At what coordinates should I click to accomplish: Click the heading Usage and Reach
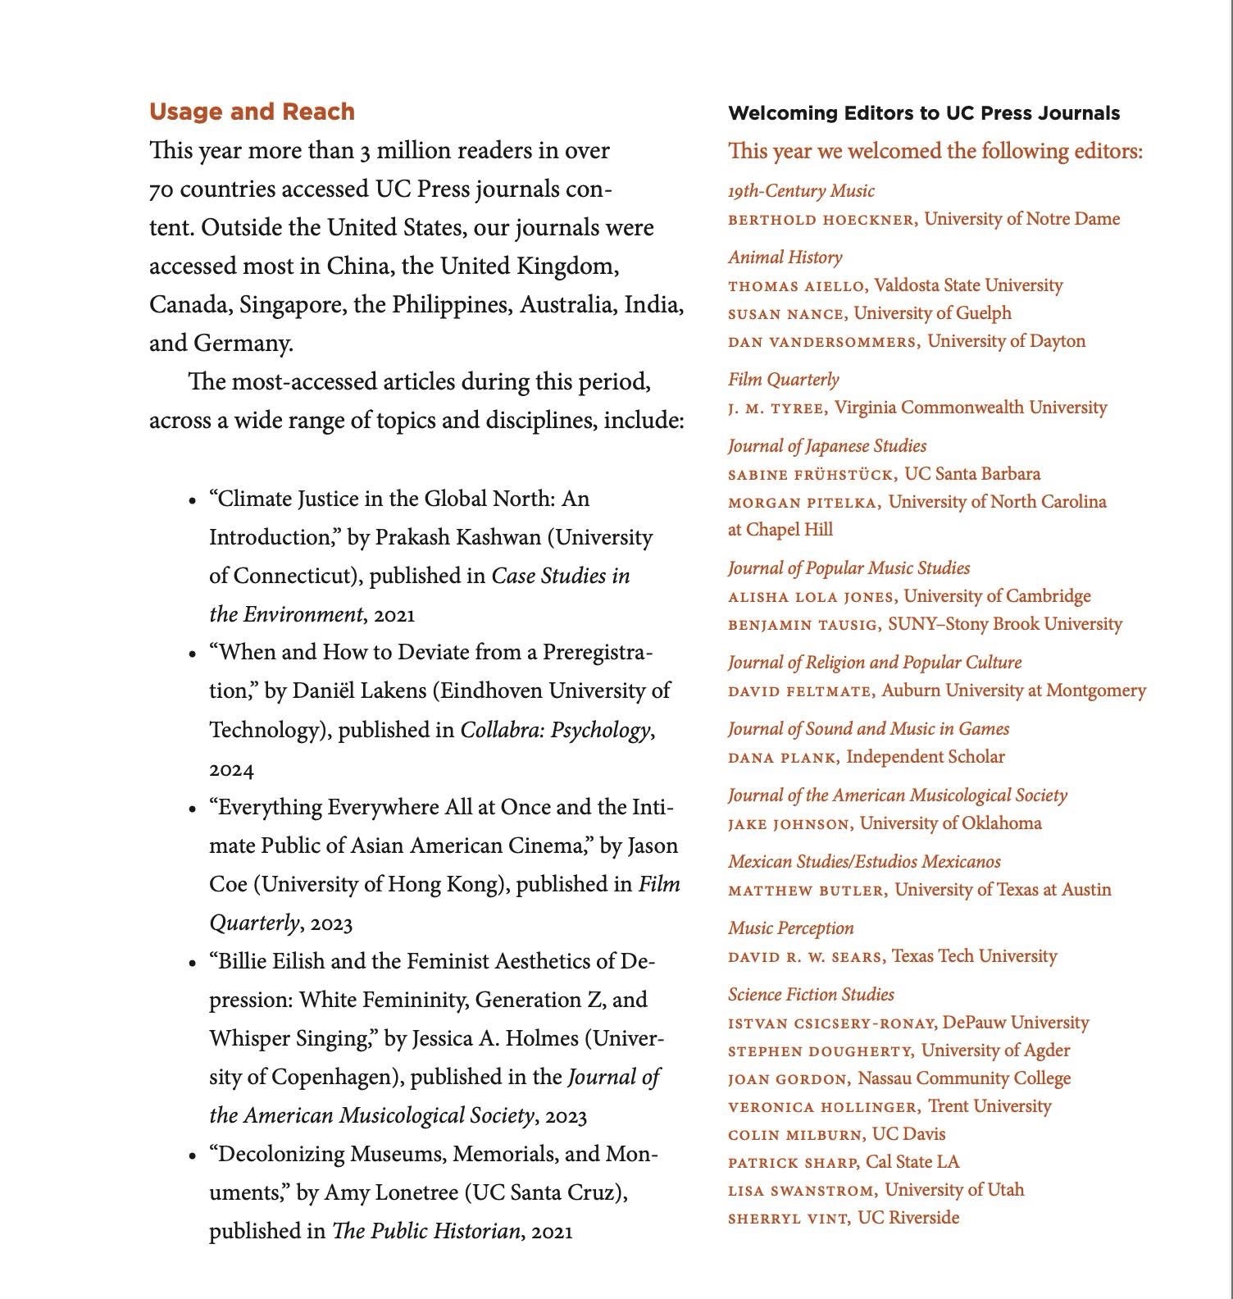pos(252,112)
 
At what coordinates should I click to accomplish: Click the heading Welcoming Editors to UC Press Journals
pos(924,113)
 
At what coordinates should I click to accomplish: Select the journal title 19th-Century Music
pos(801,191)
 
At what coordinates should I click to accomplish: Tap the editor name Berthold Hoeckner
pos(822,220)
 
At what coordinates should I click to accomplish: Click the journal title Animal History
pos(785,258)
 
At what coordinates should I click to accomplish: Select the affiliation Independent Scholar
pos(925,756)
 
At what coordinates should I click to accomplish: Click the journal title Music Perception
pos(790,928)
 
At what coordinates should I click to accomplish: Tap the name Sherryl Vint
pos(788,1219)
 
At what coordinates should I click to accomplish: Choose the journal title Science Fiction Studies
pos(811,994)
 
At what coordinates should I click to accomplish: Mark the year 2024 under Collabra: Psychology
pos(231,769)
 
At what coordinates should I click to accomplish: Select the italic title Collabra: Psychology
pos(555,729)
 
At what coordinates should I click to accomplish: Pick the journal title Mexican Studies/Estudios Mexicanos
pos(864,861)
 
